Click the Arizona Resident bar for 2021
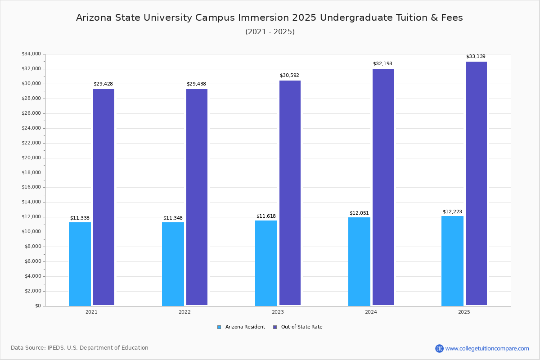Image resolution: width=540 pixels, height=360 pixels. tap(80, 264)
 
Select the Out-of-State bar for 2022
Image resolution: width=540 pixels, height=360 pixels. tap(197, 197)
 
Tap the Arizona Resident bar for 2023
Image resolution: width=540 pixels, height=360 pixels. tap(266, 263)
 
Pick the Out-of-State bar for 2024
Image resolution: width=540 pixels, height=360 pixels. tap(383, 187)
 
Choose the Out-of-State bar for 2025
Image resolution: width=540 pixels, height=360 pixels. tap(476, 183)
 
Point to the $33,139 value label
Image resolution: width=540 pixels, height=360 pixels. tap(476, 57)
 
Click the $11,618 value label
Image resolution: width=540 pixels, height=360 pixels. tap(266, 216)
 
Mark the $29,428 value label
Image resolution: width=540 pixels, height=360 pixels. tap(103, 84)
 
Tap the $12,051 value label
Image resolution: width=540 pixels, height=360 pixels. tap(359, 213)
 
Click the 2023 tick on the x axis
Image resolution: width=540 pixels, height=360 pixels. tap(278, 312)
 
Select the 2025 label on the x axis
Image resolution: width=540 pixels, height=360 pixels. tap(464, 312)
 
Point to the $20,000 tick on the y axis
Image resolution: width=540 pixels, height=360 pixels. tap(31, 158)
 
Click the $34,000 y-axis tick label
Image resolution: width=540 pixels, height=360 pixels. tap(31, 54)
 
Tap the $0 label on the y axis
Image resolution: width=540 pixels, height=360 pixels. tap(37, 306)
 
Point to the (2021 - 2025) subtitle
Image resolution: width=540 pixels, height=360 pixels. tap(270, 32)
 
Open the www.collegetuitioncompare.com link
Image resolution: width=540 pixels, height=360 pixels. tap(487, 348)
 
